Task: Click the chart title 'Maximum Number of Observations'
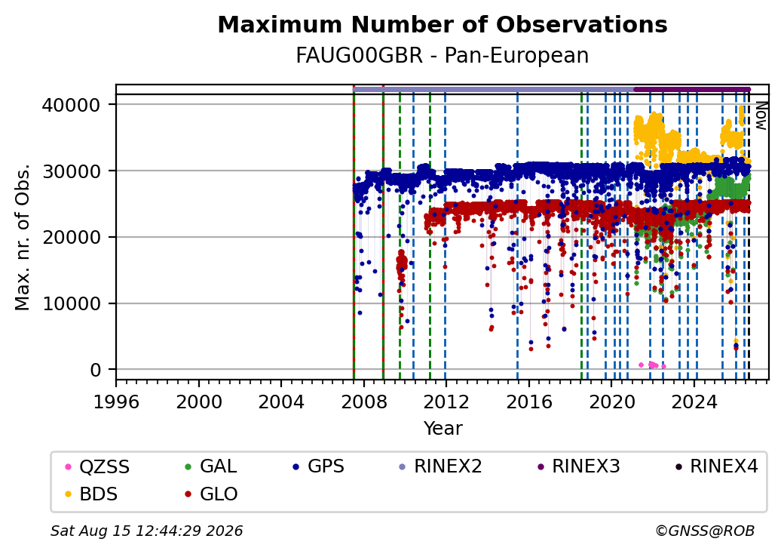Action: [443, 24]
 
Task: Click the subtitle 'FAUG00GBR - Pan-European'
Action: [443, 56]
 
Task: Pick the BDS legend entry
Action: [91, 494]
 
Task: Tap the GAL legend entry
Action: [211, 466]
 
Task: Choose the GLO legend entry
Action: [211, 494]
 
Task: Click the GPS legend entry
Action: [318, 466]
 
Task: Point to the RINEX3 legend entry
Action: [578, 466]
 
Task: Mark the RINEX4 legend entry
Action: [716, 466]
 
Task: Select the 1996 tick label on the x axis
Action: [117, 402]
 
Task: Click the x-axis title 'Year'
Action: [443, 429]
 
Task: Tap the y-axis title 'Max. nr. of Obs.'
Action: [23, 237]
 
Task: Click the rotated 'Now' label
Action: [761, 115]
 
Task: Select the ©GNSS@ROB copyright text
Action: [705, 531]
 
